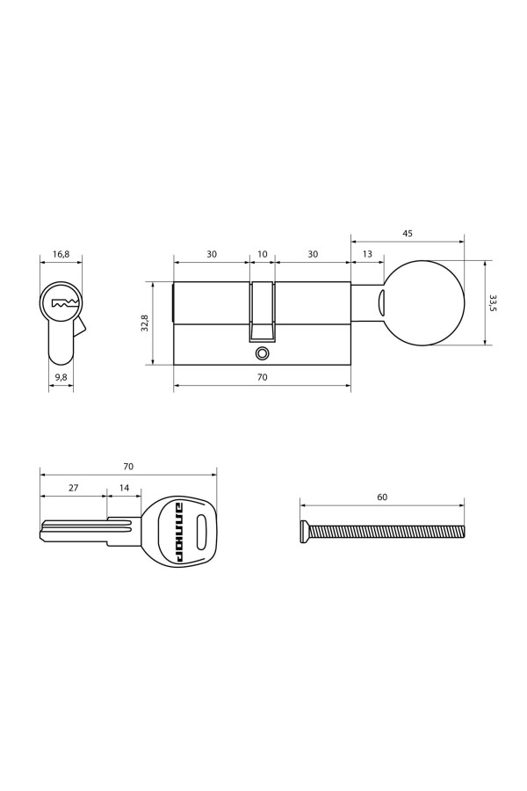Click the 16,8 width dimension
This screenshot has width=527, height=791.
point(61,254)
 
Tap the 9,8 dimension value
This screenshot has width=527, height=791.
point(61,376)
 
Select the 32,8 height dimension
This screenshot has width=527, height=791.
point(145,323)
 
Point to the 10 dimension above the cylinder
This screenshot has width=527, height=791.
point(262,254)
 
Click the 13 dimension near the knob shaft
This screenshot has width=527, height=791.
point(366,254)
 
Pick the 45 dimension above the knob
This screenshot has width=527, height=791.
point(408,234)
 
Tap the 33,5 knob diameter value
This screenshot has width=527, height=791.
point(493,303)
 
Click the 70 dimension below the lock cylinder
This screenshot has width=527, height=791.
point(262,376)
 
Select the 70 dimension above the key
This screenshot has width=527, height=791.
point(128,466)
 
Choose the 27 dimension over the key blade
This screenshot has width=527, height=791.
point(73,486)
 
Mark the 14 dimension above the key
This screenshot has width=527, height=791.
point(123,486)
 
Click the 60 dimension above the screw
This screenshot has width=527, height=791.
point(382,497)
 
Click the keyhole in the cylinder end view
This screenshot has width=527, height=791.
point(64,303)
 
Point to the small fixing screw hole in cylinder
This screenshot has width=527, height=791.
point(261,353)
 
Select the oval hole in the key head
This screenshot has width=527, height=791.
point(202,530)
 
